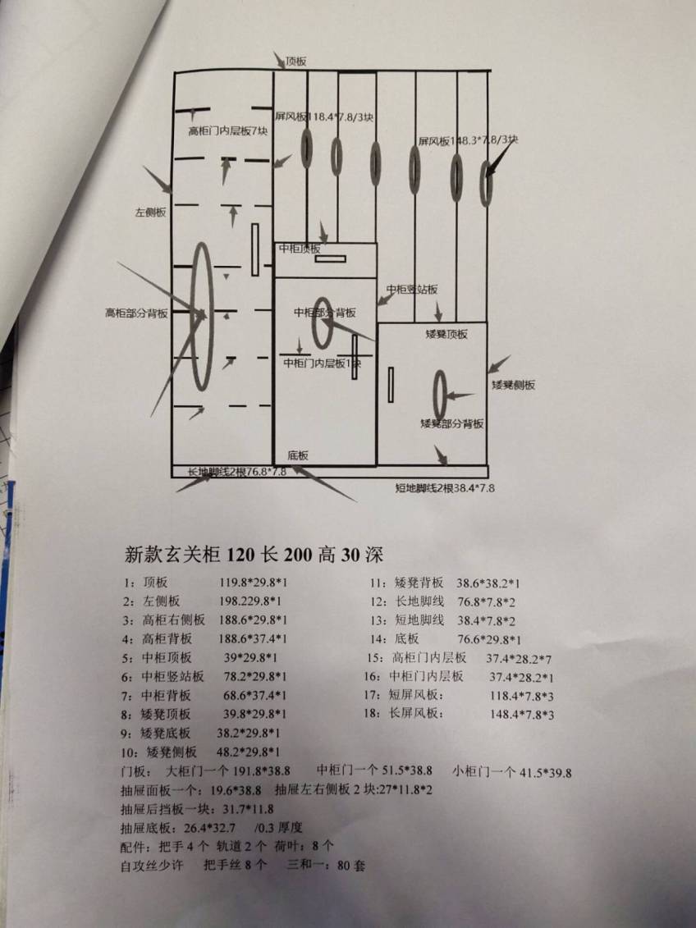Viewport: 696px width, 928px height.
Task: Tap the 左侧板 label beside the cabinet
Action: pos(151,212)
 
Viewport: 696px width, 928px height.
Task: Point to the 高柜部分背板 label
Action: pos(136,313)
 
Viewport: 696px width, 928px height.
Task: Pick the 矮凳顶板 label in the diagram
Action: pos(446,334)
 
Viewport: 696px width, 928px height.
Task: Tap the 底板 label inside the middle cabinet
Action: pos(298,455)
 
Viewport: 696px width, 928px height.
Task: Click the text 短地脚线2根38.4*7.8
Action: pos(444,488)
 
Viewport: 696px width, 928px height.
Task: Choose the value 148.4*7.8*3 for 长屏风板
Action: pos(522,714)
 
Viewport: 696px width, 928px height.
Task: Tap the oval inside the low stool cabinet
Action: pos(441,394)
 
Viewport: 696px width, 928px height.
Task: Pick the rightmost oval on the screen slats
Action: pos(487,180)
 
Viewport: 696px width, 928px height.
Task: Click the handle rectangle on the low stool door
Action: pos(391,385)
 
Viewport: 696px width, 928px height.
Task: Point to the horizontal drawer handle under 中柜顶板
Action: pos(330,258)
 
